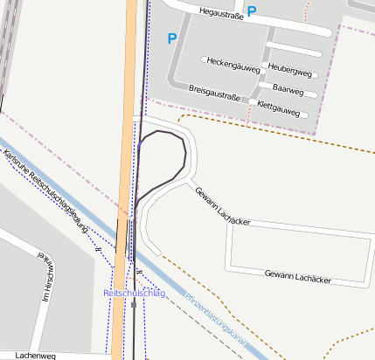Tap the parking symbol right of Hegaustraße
coord(252,12)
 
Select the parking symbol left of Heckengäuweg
coord(171,38)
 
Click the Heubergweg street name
coord(291,68)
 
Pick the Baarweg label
coord(287,88)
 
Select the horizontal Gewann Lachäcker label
coord(297,276)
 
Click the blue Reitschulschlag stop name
coord(134,293)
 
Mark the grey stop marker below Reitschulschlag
coord(134,305)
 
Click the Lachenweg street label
coord(36,356)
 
